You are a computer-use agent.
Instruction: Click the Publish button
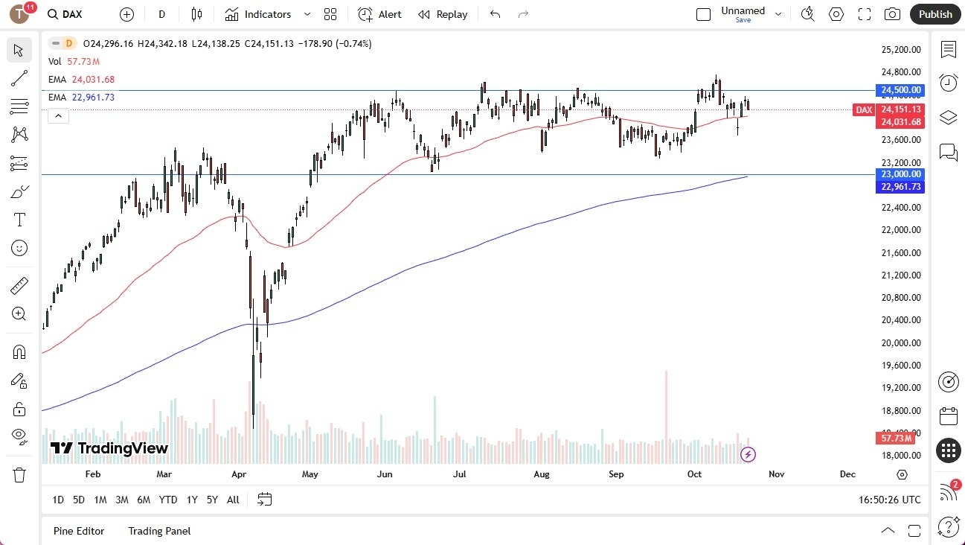(935, 14)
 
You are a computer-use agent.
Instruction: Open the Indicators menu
(267, 14)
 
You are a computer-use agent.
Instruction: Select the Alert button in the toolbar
(379, 14)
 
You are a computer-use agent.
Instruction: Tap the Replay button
(443, 14)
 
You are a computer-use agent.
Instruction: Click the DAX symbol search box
(73, 14)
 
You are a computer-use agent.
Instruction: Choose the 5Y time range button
(212, 500)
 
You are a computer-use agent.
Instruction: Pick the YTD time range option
(168, 500)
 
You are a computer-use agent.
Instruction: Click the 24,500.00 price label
(900, 90)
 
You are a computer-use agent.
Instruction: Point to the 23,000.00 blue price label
(900, 174)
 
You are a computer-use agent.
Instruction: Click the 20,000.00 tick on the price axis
(901, 342)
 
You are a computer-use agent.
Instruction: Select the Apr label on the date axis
(238, 474)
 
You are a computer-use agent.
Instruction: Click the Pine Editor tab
(79, 531)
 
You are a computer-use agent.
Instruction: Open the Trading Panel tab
(159, 531)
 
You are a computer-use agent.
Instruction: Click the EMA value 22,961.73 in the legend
(93, 97)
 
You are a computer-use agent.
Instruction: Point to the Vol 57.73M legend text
(74, 61)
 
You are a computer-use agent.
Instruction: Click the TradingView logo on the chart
(109, 448)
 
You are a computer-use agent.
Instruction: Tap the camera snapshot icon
(891, 14)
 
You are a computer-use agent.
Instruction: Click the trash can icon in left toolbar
(19, 475)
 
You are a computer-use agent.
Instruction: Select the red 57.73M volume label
(895, 439)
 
